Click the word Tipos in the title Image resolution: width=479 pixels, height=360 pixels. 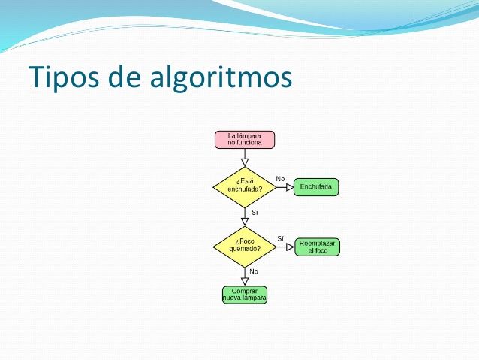click(62, 77)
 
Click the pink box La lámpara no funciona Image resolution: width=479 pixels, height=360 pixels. click(245, 139)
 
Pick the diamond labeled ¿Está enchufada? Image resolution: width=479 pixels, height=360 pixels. click(245, 185)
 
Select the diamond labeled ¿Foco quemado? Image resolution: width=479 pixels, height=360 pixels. click(245, 245)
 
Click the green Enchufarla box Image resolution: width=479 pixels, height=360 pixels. click(316, 186)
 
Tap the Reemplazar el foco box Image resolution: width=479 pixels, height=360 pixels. click(317, 246)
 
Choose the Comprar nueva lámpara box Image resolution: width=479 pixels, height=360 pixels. click(245, 295)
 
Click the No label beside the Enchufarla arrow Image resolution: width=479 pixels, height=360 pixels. click(280, 179)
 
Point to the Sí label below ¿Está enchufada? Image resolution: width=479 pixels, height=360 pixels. click(255, 213)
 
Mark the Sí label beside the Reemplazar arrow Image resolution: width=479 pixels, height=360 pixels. click(280, 238)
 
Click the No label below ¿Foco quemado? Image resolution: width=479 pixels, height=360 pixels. click(254, 271)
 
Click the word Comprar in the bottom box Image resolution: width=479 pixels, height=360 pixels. click(245, 291)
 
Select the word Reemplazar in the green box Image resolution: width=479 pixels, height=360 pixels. click(317, 242)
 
